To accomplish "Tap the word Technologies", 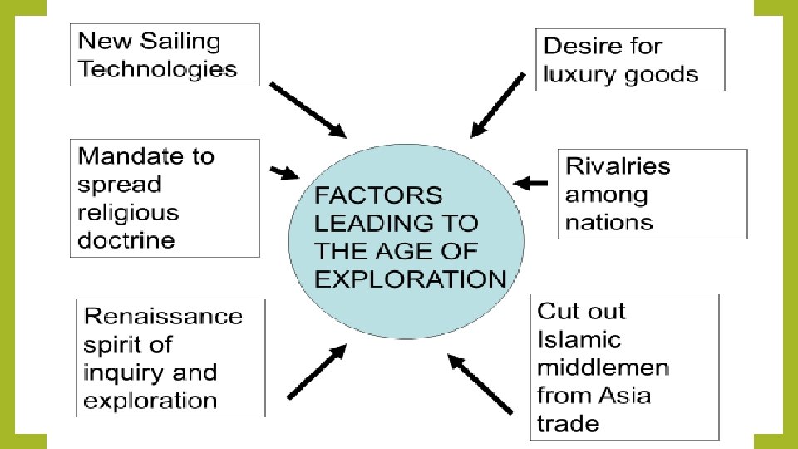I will pos(158,68).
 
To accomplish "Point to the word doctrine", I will pos(126,240).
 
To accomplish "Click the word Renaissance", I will pos(163,316).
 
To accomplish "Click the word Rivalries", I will pos(617,165).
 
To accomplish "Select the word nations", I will pos(608,222).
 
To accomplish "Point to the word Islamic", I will pos(579,339).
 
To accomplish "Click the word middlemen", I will pos(603,368).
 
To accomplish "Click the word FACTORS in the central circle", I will pos(378,195).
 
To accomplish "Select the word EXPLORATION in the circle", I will pos(411,279).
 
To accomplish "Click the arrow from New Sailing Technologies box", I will pos(308,109).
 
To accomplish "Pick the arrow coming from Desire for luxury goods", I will pos(497,105).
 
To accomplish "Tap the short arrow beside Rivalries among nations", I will pos(531,182).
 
